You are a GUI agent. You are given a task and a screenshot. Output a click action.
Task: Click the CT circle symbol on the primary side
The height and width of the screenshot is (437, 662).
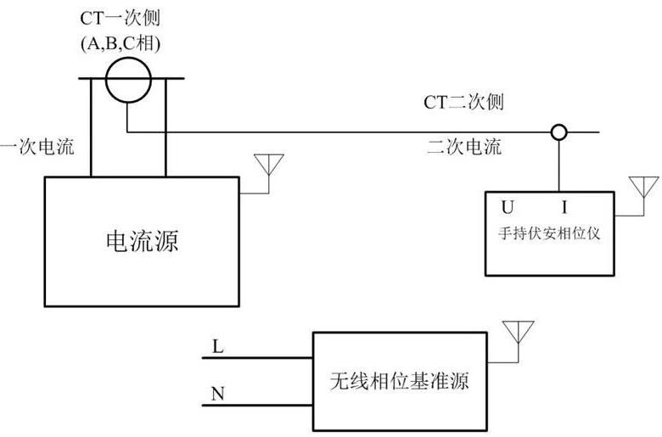point(128,81)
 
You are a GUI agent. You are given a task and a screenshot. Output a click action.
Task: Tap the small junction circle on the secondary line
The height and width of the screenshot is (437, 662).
point(558,132)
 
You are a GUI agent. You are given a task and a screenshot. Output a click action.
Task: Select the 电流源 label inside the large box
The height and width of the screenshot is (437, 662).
point(142,242)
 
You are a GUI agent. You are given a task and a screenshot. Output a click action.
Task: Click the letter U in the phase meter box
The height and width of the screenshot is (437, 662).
point(508,206)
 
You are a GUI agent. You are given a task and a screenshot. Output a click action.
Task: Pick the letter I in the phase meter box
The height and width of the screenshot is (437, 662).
point(564,206)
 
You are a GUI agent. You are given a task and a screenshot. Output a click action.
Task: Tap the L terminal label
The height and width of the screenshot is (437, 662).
point(218,347)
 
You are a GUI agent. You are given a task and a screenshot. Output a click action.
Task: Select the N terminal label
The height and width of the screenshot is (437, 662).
point(218,394)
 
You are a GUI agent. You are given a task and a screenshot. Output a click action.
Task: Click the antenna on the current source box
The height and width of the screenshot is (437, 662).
point(270,165)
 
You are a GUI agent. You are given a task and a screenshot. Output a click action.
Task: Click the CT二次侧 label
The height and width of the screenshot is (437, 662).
point(464,104)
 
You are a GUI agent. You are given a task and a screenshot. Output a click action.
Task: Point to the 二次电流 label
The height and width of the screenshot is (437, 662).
point(463,147)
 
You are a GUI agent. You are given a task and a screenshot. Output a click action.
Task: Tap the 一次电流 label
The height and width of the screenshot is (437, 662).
point(37,147)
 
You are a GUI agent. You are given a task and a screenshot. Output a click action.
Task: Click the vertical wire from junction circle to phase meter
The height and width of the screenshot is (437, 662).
point(558,165)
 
